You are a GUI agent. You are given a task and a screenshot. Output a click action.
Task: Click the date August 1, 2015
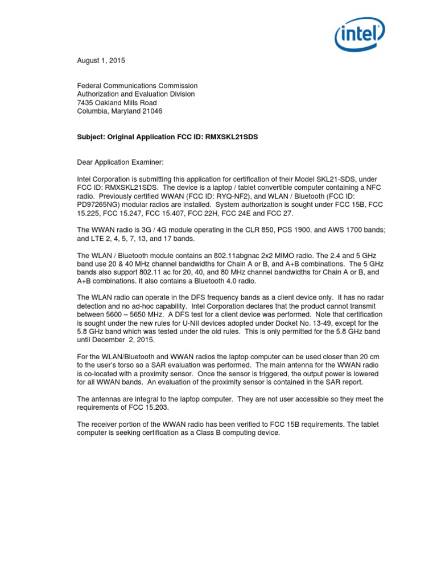pos(101,60)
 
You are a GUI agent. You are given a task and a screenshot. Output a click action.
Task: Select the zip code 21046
pos(152,111)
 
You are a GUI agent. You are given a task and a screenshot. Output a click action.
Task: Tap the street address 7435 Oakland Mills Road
pos(117,103)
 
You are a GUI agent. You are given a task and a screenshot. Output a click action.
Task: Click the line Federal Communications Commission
pos(137,86)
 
